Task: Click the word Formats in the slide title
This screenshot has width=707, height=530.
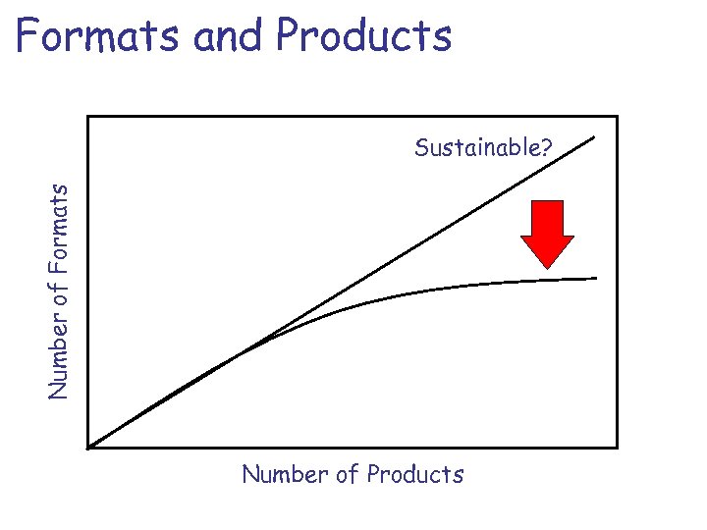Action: (x=99, y=36)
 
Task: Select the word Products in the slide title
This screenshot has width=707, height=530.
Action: (x=364, y=36)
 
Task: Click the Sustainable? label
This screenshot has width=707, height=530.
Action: (x=483, y=148)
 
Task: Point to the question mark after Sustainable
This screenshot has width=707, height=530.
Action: (x=546, y=148)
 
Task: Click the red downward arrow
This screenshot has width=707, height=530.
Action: (x=547, y=233)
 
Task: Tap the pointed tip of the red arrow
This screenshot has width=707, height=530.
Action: (x=547, y=267)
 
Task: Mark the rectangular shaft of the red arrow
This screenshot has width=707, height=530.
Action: (x=547, y=217)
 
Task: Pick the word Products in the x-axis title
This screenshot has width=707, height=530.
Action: (x=414, y=475)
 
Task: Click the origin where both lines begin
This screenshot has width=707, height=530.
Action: (x=88, y=448)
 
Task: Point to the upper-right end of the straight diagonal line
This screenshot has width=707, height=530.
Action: (x=595, y=135)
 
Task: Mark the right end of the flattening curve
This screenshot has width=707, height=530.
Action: (x=596, y=279)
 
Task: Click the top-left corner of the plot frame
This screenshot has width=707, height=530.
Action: (x=88, y=117)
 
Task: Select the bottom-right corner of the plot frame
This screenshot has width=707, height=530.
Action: (x=617, y=448)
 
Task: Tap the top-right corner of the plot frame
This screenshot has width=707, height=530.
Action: (x=617, y=117)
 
